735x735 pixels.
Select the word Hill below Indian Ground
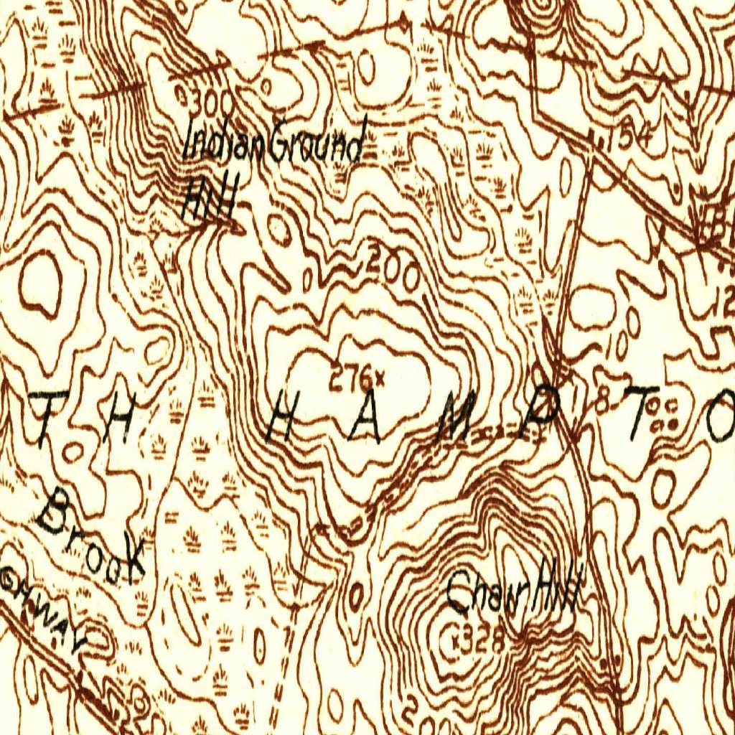click(209, 200)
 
